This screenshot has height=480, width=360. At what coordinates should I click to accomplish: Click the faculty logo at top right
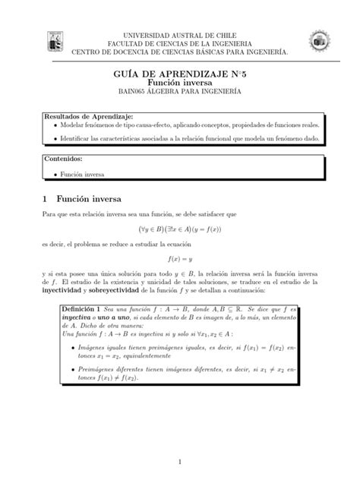click(316, 43)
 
